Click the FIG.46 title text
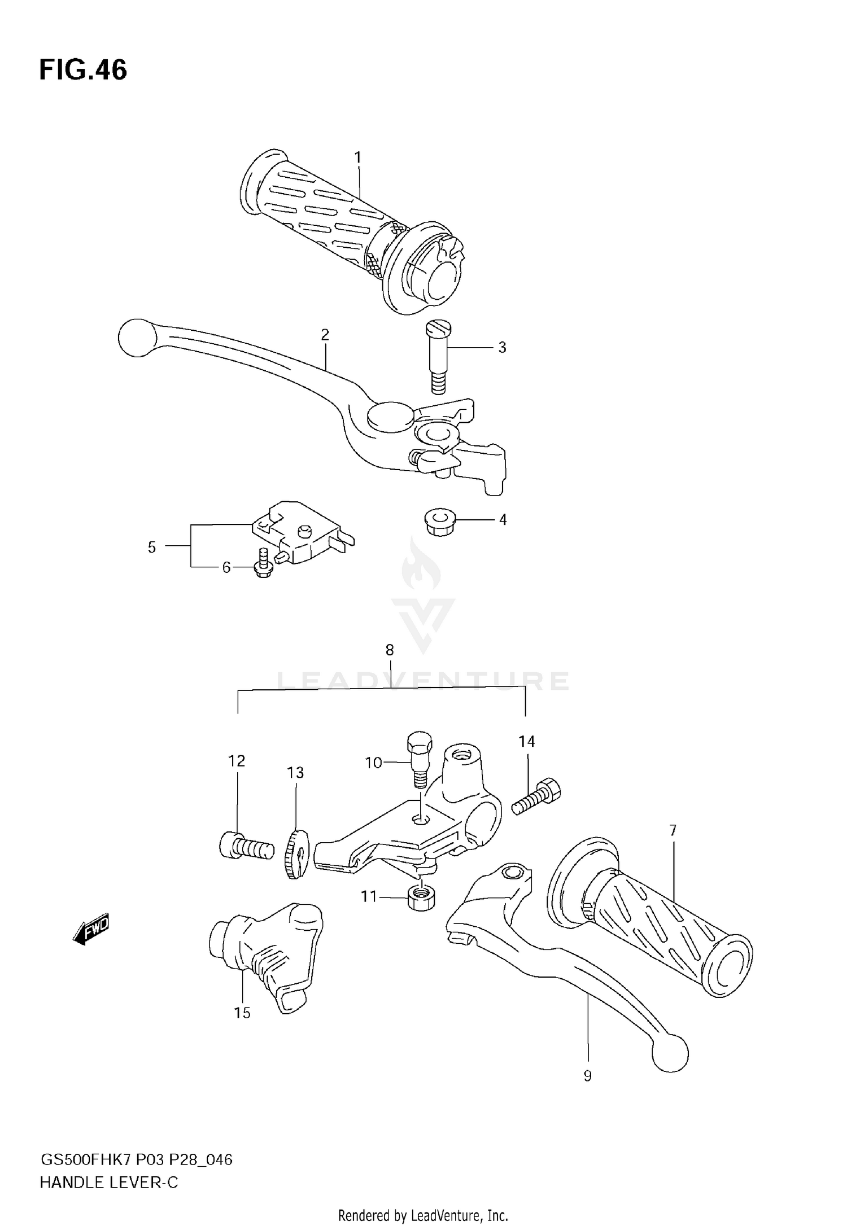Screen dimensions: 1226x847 click(x=83, y=71)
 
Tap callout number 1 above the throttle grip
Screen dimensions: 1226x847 click(x=357, y=157)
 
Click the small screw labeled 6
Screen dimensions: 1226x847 click(x=263, y=564)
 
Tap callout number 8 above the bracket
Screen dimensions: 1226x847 click(x=390, y=650)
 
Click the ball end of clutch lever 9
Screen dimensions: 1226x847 click(x=670, y=1052)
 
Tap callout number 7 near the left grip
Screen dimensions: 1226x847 click(x=673, y=830)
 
